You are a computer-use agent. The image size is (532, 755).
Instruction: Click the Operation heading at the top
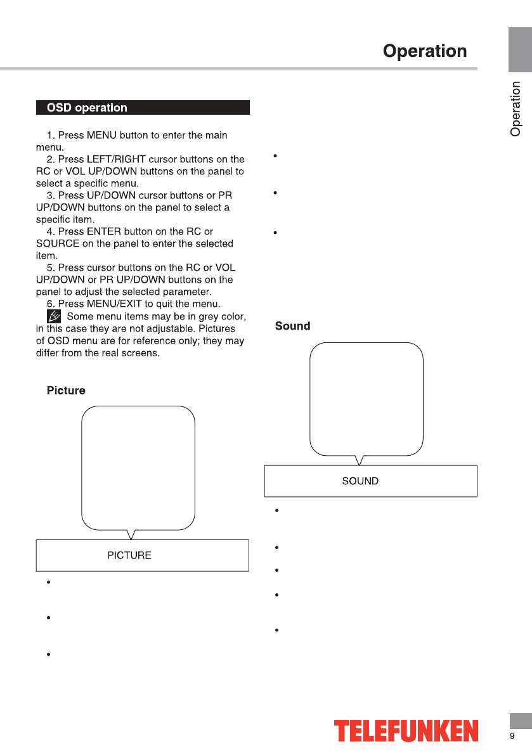424,51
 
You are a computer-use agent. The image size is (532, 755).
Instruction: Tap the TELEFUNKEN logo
406,731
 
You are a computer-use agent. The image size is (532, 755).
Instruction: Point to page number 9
512,736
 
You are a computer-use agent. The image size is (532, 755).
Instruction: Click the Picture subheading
66,390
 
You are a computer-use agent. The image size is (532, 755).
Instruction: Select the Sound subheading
292,326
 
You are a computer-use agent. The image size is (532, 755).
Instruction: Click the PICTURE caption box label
129,555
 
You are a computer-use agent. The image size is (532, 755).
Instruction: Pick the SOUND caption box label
360,481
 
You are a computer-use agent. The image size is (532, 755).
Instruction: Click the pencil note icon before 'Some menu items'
55,316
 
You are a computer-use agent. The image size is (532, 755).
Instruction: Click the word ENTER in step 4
102,231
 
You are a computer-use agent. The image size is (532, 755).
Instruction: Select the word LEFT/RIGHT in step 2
114,159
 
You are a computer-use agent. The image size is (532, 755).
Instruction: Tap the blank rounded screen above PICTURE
138,468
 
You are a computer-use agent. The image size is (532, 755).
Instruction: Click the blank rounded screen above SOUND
366,399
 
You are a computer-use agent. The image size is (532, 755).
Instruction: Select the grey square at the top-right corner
519,50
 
